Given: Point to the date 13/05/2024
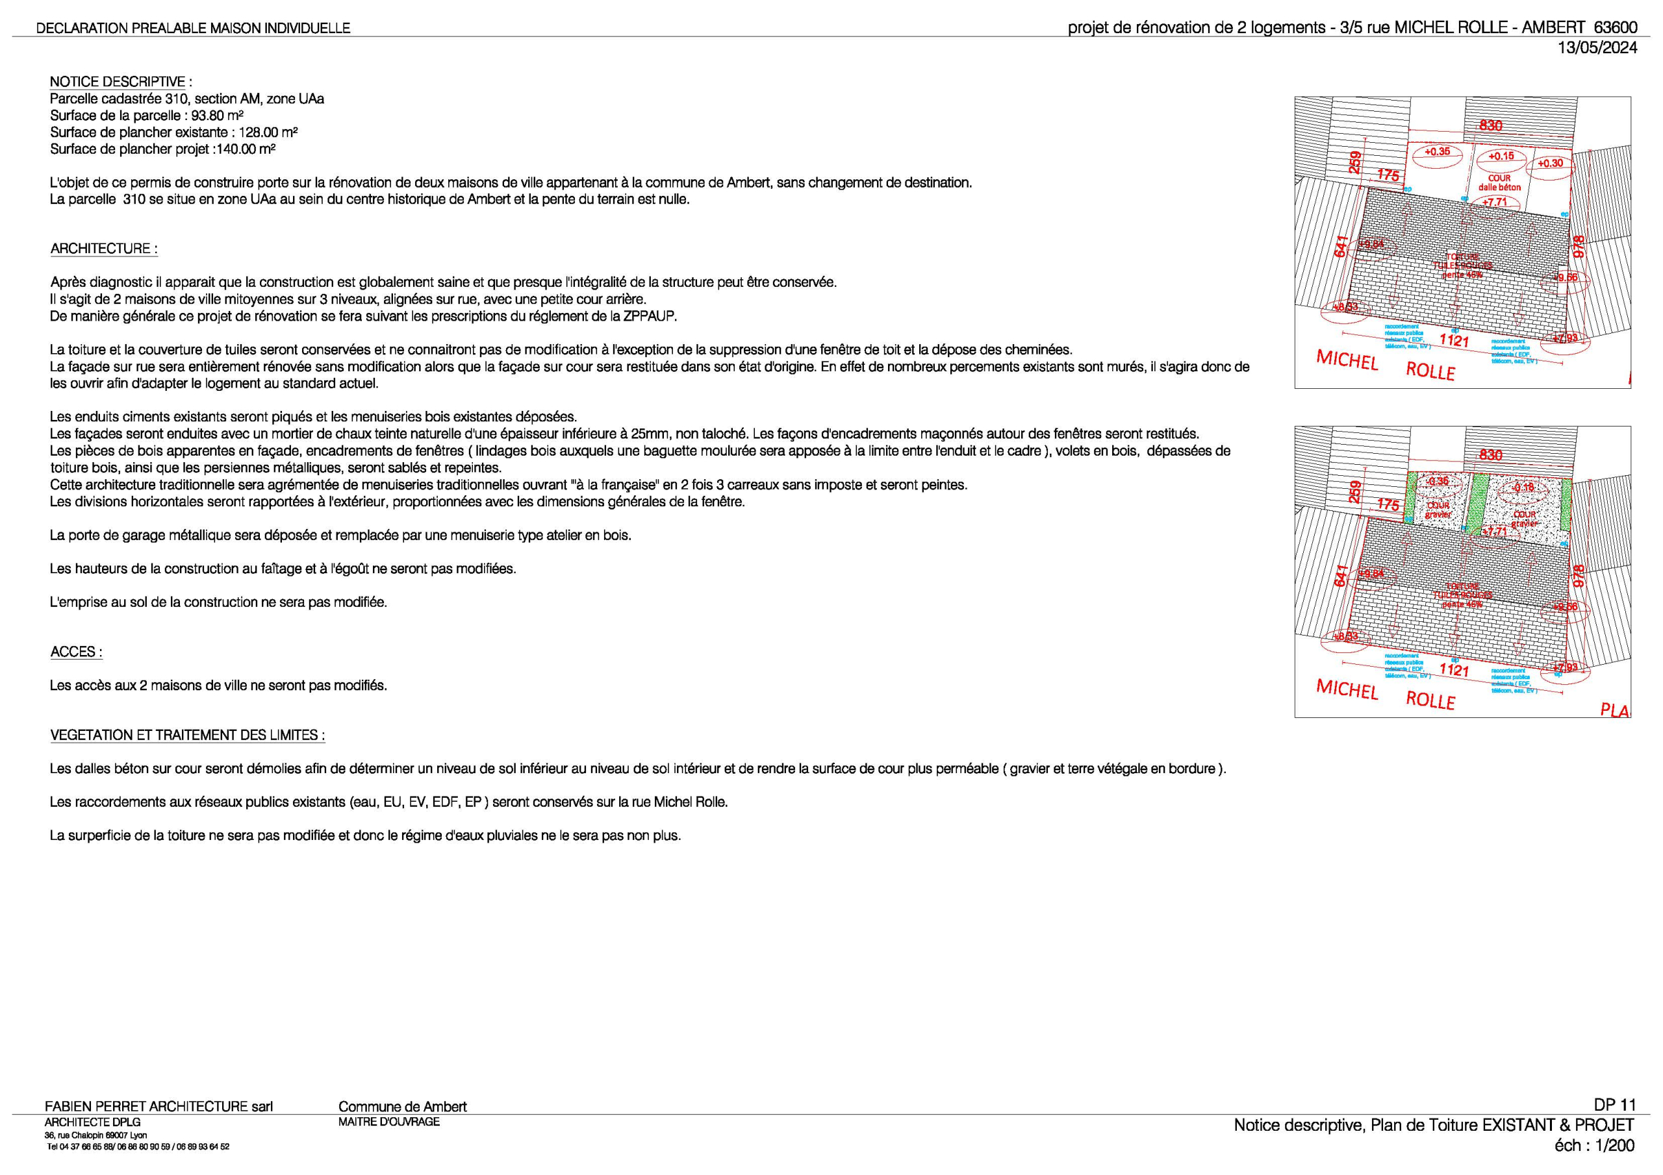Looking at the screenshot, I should coord(1597,48).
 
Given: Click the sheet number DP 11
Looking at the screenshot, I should coord(1614,1106).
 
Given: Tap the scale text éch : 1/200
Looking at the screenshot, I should coord(1593,1146).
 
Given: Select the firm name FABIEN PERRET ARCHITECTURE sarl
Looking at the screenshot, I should coord(159,1107).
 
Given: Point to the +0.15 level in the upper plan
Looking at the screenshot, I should coord(1501,156).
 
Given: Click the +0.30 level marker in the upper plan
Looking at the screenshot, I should coord(1550,164).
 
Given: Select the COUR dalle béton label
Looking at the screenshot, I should coord(1499,183).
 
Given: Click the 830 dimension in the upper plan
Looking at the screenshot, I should coord(1491,125).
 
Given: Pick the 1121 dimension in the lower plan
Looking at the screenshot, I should coord(1454,670).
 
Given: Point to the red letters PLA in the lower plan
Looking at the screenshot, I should coord(1614,710).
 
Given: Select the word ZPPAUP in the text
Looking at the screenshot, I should coord(650,316).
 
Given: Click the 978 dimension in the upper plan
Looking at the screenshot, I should coord(1579,247).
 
